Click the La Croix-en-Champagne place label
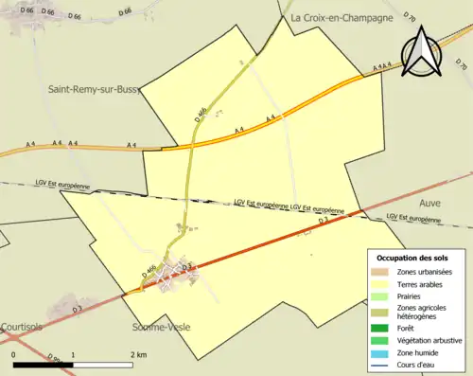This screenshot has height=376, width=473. click(342, 17)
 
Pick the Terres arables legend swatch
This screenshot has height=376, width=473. click(383, 282)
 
